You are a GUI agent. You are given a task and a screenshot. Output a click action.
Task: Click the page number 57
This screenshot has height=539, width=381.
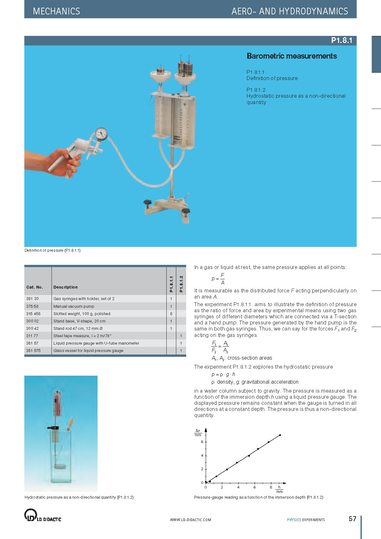click(x=352, y=519)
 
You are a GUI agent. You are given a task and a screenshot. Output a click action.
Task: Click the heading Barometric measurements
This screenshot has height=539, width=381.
click(x=291, y=56)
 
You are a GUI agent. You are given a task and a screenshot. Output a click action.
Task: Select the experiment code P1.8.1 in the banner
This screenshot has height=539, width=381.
click(x=341, y=40)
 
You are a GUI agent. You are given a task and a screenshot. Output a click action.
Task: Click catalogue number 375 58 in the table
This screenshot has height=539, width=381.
click(x=32, y=306)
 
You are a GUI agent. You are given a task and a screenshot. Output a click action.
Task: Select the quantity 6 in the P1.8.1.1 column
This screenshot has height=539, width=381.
click(x=171, y=314)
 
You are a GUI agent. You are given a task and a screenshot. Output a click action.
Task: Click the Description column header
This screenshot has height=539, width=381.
click(x=66, y=287)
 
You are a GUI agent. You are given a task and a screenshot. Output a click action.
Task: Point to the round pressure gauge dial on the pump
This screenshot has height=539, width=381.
click(x=101, y=134)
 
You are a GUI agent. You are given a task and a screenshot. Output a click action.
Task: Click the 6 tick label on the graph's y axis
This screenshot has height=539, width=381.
click(x=202, y=442)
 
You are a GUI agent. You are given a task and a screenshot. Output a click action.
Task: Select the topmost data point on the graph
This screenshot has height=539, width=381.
click(x=280, y=435)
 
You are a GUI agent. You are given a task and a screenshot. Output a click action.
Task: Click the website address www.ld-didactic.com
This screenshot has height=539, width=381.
click(x=190, y=520)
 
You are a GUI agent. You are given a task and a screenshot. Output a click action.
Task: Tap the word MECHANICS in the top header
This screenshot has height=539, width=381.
click(x=56, y=12)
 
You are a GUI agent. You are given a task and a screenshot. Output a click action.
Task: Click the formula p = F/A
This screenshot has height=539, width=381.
click(x=218, y=279)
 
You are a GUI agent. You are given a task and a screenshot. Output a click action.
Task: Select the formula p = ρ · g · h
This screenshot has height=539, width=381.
click(x=223, y=374)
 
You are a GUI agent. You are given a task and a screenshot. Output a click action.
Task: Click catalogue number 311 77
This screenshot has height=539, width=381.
click(x=32, y=336)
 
